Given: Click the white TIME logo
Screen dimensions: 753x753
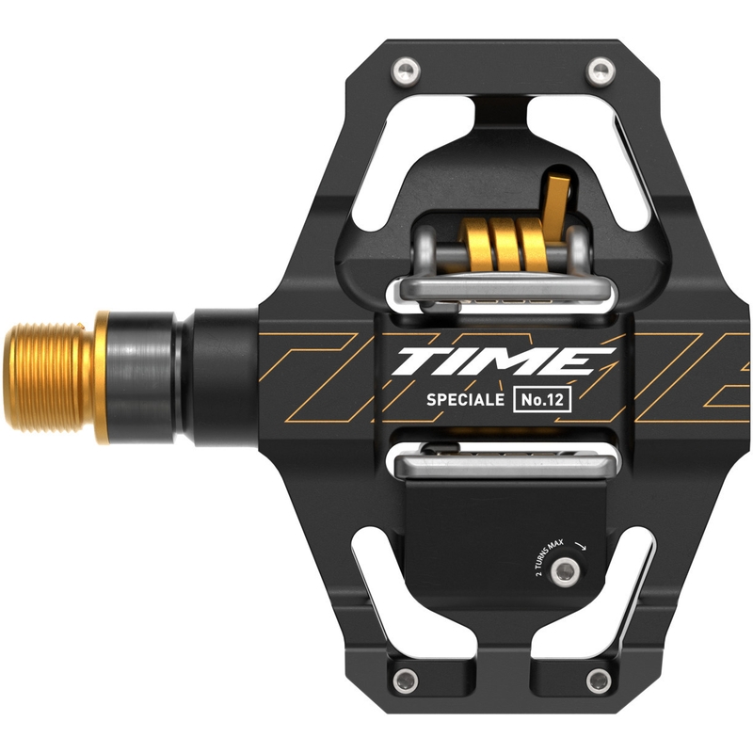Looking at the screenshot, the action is [x=505, y=361].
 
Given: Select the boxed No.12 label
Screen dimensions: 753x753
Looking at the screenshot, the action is [x=542, y=399].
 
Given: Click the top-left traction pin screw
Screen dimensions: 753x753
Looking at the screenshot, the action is [x=406, y=71].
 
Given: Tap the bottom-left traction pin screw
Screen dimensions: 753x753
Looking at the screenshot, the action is [x=406, y=681].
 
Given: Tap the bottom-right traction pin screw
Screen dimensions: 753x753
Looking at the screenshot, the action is [x=600, y=681].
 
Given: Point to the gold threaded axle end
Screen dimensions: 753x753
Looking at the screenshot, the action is [x=48, y=377].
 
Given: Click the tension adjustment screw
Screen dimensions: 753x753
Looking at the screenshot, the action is [x=565, y=571].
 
